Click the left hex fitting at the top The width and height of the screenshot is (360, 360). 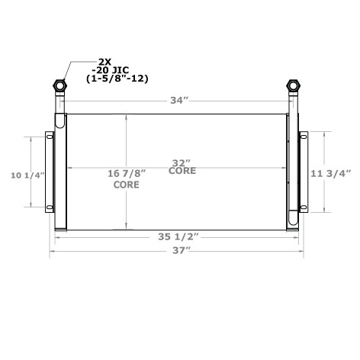[x=59, y=84]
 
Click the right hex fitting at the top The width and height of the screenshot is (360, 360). [x=293, y=84]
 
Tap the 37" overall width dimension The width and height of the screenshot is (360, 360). [x=176, y=250]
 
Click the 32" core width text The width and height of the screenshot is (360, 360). [x=181, y=162]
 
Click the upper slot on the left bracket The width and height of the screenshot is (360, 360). [x=50, y=137]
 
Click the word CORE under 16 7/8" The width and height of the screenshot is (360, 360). [x=126, y=185]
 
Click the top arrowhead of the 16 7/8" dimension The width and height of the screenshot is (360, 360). [x=127, y=116]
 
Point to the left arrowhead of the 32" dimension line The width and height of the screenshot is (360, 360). [x=71, y=167]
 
